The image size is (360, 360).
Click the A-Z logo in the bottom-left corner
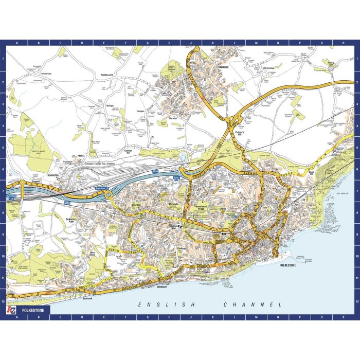[x=11, y=311]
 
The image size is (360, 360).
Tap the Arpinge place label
[x=108, y=106]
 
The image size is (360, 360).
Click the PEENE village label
[x=81, y=155]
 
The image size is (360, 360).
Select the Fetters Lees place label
[x=47, y=74]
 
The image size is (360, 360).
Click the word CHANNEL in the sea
[x=253, y=305]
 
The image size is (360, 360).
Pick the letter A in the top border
[x=16, y=43]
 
